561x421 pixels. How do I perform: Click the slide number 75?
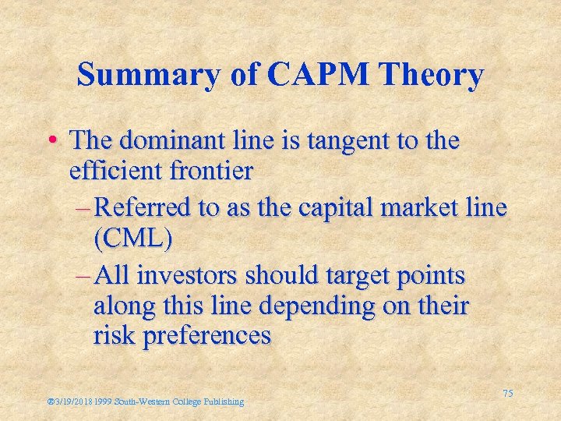[507, 394]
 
